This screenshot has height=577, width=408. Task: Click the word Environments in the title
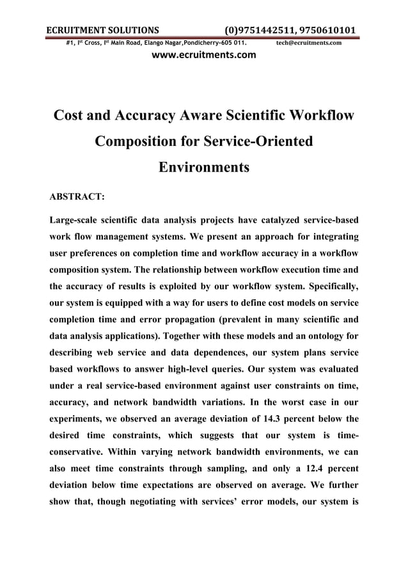(x=203, y=168)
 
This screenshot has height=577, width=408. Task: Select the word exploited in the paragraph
(x=191, y=280)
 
